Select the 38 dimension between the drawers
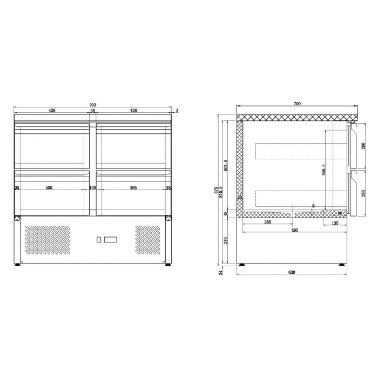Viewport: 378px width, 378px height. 92,110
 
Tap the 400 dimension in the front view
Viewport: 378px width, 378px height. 49,188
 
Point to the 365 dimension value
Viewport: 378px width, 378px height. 133,188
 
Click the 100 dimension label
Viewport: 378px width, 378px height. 92,188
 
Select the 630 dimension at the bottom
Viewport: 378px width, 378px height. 292,272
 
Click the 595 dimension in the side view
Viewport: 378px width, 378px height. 294,230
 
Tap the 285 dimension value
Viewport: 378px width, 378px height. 267,222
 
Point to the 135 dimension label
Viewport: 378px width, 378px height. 335,222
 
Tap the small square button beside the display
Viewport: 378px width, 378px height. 98,239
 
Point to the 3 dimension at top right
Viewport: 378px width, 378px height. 177,110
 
